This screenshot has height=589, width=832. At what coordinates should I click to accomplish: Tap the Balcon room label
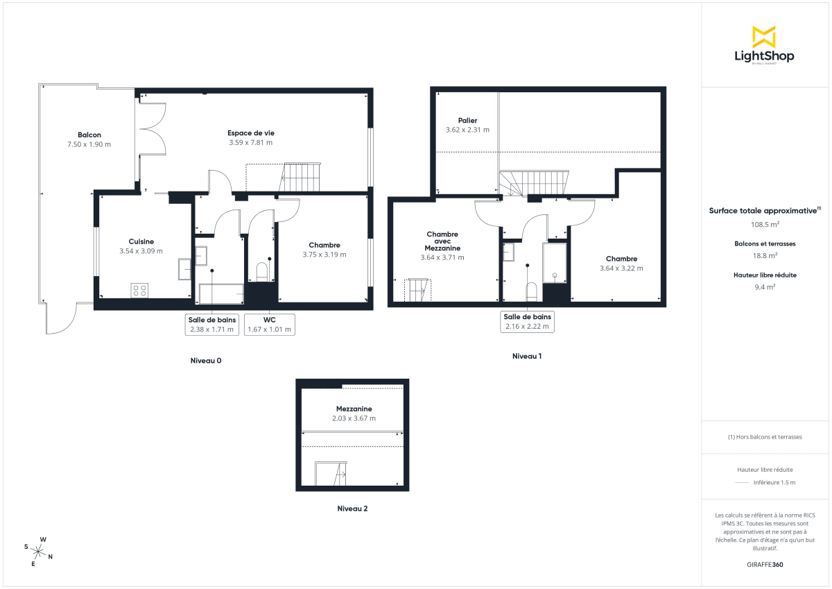click(x=89, y=135)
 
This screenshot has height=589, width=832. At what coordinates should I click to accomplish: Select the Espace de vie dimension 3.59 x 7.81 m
click(x=250, y=143)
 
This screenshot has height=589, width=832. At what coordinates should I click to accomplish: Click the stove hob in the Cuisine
click(x=139, y=290)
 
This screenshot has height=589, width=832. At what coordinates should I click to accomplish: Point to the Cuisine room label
click(x=141, y=242)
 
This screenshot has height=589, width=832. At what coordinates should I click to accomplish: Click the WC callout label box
click(x=270, y=325)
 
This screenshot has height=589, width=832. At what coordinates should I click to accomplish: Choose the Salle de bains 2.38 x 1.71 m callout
click(x=213, y=325)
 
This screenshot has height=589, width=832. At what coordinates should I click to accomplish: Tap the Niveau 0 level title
click(x=206, y=361)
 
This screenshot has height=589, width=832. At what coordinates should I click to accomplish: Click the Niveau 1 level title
click(x=526, y=357)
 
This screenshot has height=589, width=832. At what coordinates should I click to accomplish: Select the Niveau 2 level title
click(x=352, y=509)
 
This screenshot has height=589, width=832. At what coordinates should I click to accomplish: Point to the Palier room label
click(x=467, y=121)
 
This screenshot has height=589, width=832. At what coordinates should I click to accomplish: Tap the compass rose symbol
click(x=40, y=552)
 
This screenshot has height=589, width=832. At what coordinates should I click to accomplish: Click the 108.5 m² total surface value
click(x=763, y=224)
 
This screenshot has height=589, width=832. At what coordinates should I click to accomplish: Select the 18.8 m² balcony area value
click(x=763, y=255)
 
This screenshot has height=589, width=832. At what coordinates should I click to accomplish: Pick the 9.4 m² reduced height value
click(x=763, y=286)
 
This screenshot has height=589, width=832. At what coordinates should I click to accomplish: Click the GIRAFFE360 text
click(x=763, y=565)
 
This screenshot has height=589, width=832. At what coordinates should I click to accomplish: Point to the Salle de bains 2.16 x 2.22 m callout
click(x=527, y=321)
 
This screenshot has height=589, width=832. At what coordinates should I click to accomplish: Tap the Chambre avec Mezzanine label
click(x=442, y=241)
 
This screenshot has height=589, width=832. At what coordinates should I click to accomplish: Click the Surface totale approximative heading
click(x=763, y=210)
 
